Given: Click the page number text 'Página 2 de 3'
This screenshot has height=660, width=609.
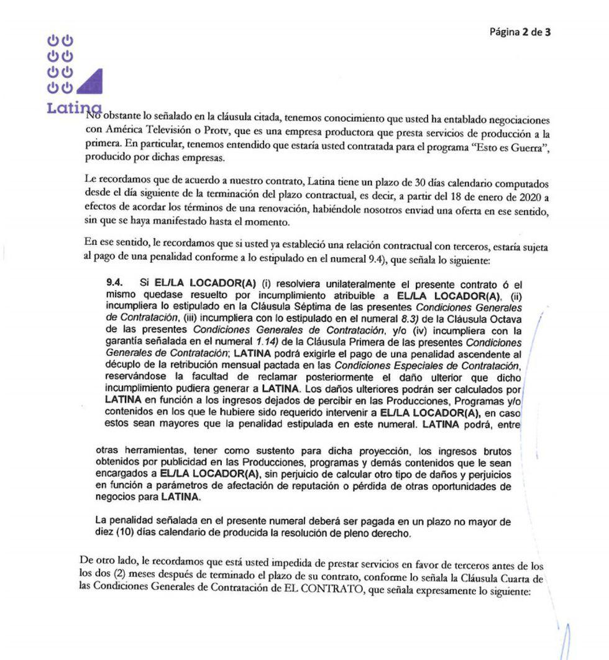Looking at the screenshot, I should click(x=520, y=32).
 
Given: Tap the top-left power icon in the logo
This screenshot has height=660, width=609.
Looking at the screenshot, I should click(x=54, y=41).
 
